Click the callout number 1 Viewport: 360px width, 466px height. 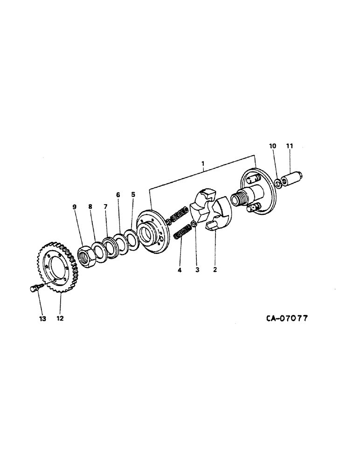coord(203,164)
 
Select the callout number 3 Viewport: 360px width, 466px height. coord(197,269)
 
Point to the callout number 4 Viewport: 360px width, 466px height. coord(180,269)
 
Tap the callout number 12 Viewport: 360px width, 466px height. coord(60,319)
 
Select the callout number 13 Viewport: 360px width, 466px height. coord(43,319)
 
